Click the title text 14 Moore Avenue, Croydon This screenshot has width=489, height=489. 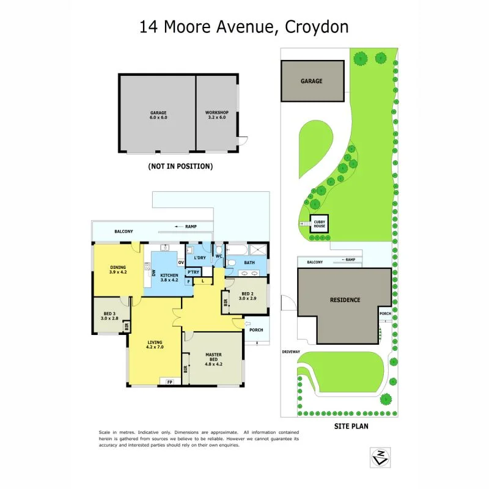(244, 27)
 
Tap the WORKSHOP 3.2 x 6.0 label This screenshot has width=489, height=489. (216, 115)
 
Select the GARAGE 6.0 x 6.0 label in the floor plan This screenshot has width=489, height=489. (158, 115)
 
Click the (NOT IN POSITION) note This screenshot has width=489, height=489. (180, 166)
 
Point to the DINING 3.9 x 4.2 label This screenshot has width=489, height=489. (117, 270)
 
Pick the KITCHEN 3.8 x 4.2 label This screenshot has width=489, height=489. (168, 278)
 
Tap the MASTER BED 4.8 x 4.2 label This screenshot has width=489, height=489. (213, 358)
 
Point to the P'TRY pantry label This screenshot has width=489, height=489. (194, 272)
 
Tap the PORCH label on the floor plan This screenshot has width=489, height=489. (256, 330)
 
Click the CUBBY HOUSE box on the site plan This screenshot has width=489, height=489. (320, 224)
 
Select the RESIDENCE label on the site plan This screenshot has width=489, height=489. (345, 300)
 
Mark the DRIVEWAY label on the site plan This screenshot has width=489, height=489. (291, 353)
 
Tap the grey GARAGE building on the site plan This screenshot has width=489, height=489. (312, 81)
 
